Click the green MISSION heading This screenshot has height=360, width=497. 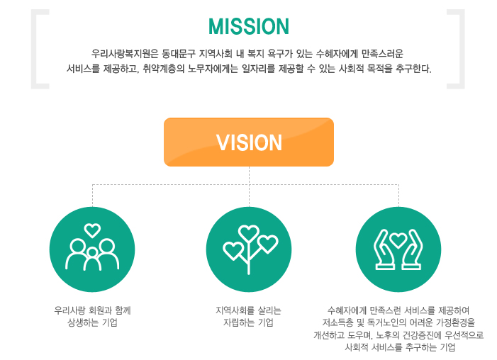point(249,26)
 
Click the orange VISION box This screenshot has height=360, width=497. point(249,142)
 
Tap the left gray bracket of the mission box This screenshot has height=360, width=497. point(40,49)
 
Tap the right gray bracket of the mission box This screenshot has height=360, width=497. point(456,49)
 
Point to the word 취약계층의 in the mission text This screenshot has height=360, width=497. point(164,68)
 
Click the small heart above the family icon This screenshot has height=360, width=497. point(92,230)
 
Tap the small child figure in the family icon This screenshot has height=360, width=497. point(92,259)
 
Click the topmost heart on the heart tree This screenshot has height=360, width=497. point(249,233)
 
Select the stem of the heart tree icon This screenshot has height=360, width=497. point(249,257)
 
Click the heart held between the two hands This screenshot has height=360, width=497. point(398,240)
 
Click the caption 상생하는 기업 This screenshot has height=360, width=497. point(92,322)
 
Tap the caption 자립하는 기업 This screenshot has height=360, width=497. point(248,322)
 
